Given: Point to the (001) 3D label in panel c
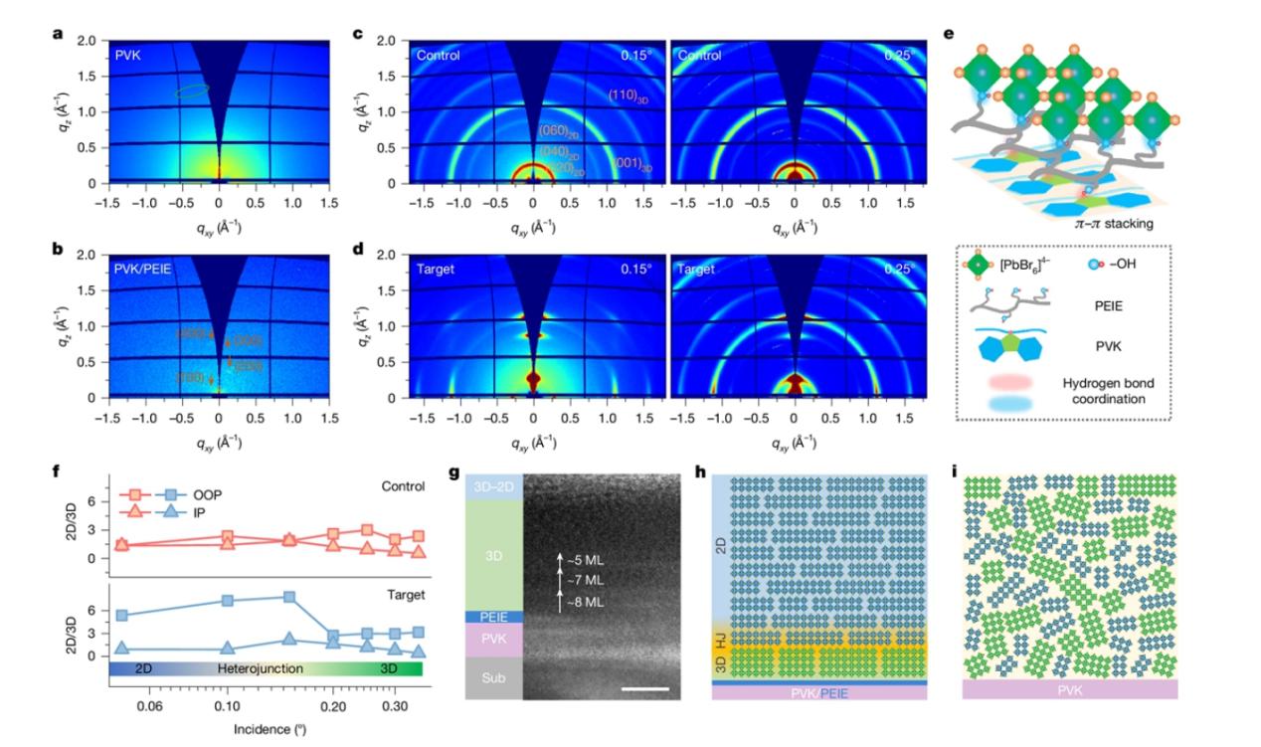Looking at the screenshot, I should pos(634,162).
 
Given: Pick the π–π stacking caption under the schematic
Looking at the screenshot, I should pos(1114,224).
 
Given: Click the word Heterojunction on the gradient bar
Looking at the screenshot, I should pos(261,669).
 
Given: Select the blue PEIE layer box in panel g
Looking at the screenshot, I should pos(494,617).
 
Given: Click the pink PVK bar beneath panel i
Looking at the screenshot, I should pos(1070,689).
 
